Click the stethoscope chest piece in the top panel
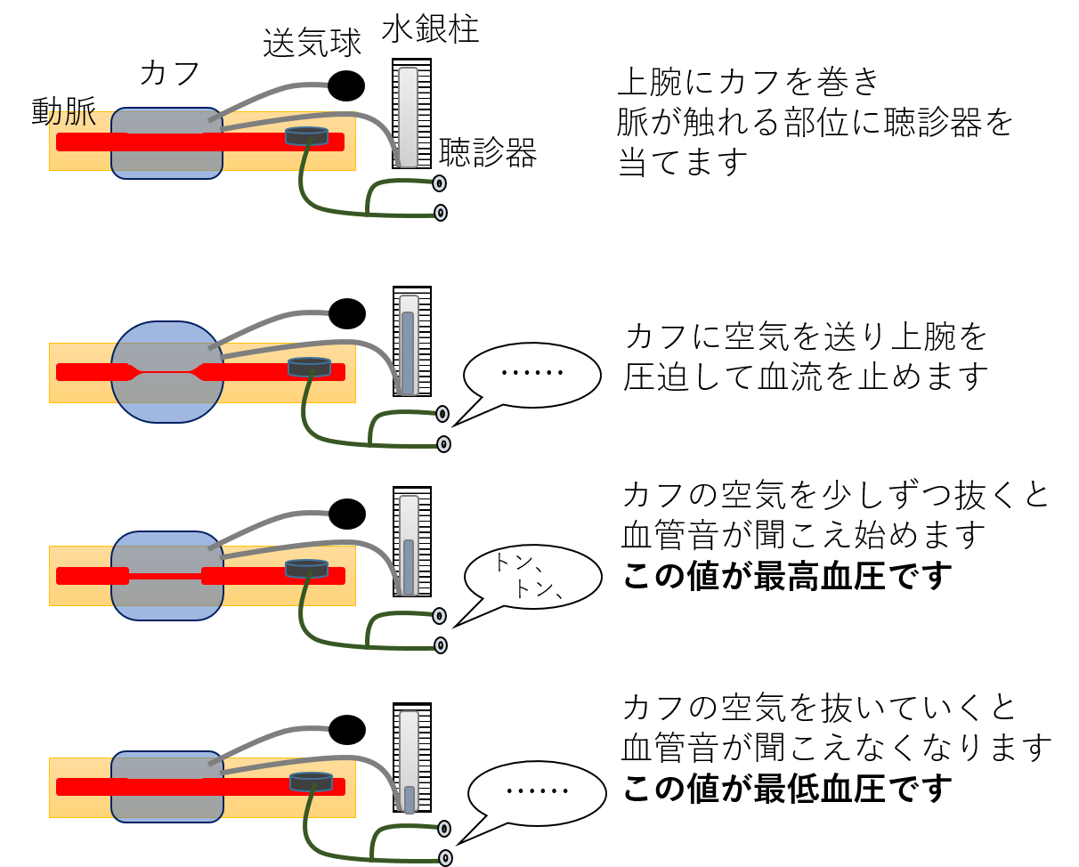click(306, 136)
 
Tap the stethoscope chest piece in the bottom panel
click(311, 782)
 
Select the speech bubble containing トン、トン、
click(532, 577)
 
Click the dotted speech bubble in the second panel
click(532, 375)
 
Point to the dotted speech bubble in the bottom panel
click(537, 792)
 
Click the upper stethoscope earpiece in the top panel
click(439, 183)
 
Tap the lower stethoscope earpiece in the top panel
click(441, 213)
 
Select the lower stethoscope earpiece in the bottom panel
click(445, 858)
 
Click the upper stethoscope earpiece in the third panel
click(439, 616)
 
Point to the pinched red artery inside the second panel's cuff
click(166, 372)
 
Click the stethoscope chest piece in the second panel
click(309, 367)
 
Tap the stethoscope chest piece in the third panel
click(306, 568)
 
